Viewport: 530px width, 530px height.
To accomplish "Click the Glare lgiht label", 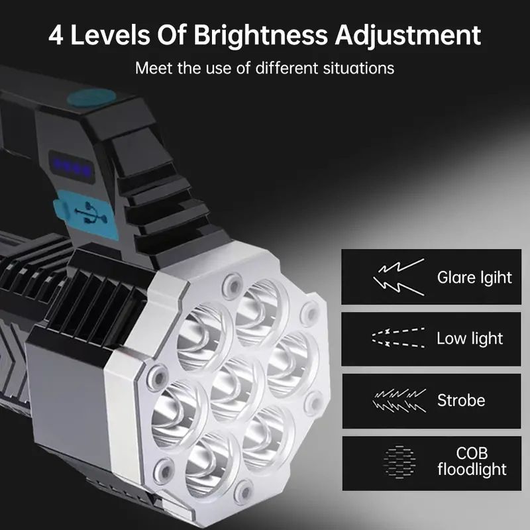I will pos(474,277).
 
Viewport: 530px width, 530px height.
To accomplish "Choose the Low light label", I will pos(470,339).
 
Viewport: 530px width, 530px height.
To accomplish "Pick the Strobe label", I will pos(461,400).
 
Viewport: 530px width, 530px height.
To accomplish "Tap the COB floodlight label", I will pos(472,462).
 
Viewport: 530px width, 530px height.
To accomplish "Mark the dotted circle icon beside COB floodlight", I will pos(400,462).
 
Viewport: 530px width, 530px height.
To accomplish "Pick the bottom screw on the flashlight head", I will pos(244,491).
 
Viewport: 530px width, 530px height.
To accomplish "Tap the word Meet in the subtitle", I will pos(152,68).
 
